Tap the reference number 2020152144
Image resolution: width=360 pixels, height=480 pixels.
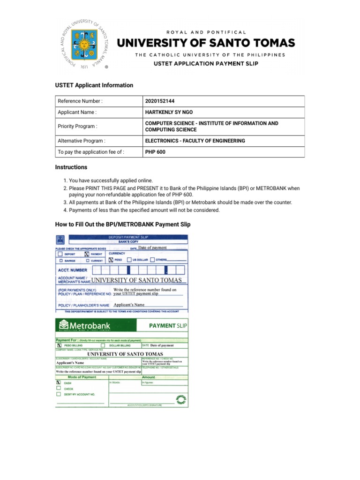162,101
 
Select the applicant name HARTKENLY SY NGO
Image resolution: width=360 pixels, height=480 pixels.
169,112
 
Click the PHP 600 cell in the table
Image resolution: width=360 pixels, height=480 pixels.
156,152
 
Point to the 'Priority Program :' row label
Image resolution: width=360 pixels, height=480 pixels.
77,127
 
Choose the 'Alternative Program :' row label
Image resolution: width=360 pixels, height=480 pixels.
81,141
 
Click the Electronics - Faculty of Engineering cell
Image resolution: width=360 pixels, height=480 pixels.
195,141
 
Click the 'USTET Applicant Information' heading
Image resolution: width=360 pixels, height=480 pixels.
94,85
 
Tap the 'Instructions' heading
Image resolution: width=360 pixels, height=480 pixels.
71,167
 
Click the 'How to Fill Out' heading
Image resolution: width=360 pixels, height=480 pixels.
123,225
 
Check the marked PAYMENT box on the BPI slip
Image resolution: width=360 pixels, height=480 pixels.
86,254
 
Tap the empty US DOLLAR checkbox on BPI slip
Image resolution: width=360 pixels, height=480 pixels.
129,259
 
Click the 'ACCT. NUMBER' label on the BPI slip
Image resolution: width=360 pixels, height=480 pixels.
72,270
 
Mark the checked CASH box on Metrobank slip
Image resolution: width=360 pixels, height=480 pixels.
59,382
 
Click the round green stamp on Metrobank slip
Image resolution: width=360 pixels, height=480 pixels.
180,399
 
